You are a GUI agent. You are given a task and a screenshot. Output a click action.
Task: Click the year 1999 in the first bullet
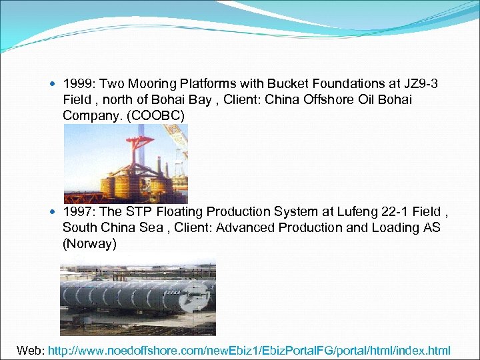tap(77, 83)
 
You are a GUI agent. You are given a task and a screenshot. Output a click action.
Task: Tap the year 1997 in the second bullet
tap(77, 211)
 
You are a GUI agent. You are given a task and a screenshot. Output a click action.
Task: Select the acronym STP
tap(149, 211)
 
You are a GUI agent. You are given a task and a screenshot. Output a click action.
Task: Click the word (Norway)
tap(89, 243)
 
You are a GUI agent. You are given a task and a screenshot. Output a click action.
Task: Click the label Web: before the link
tap(31, 350)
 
